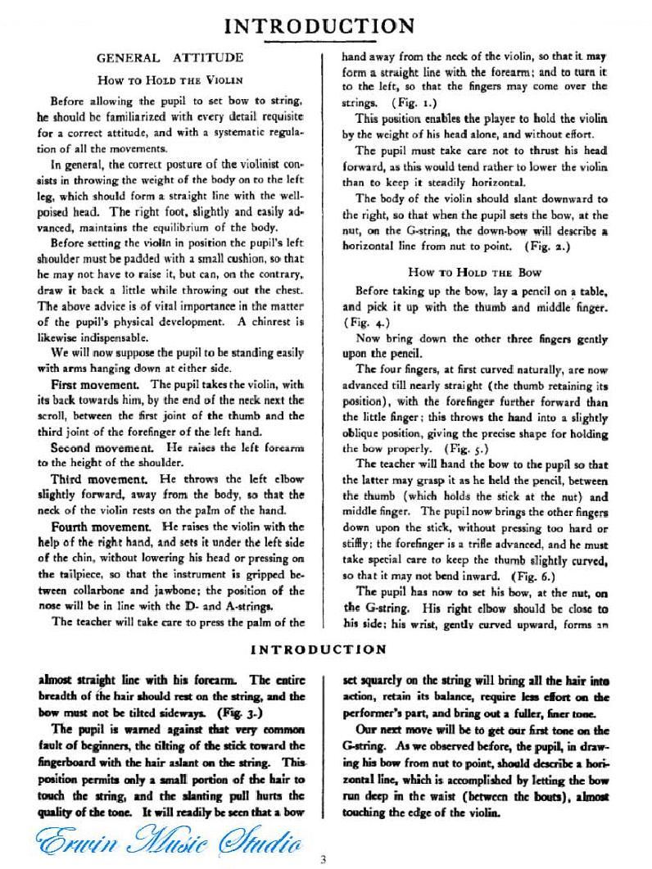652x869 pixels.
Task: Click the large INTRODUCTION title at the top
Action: click(324, 26)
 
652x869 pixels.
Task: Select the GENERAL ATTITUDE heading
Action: click(170, 58)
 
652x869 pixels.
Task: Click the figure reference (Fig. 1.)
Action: click(394, 104)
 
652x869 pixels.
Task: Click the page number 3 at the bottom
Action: click(324, 858)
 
